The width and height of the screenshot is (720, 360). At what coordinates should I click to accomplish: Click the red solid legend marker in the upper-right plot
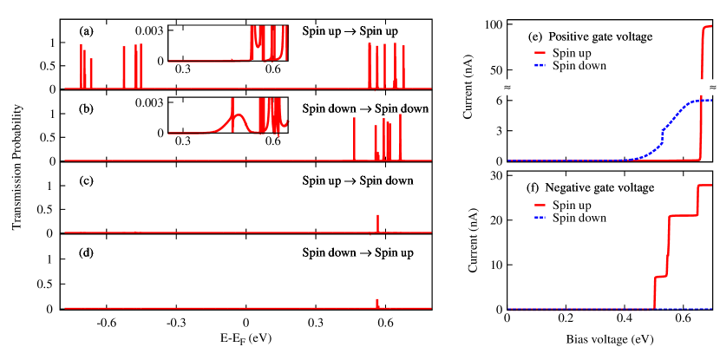click(x=540, y=53)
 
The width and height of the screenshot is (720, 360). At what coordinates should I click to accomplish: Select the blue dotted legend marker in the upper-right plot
click(x=540, y=65)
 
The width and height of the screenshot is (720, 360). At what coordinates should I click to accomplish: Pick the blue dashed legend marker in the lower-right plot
click(x=540, y=217)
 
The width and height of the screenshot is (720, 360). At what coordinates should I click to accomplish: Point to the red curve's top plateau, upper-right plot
click(x=708, y=27)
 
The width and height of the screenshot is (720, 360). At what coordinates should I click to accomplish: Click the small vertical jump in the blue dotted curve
click(x=662, y=134)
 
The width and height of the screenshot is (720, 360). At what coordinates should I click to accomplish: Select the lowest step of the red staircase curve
click(x=659, y=277)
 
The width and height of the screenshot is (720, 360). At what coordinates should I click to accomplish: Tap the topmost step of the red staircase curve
click(x=705, y=185)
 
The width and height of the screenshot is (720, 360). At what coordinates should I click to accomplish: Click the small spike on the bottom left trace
click(x=377, y=302)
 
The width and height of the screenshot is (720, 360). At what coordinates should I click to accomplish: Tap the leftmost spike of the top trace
click(x=81, y=65)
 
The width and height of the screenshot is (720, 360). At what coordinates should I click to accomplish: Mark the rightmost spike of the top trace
click(x=403, y=65)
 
